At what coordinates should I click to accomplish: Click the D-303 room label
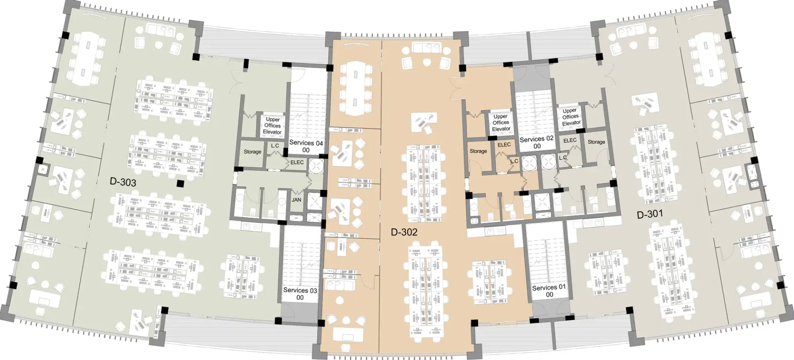[x=123, y=182]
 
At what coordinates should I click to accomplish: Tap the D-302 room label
[x=404, y=232]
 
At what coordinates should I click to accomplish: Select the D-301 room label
[x=650, y=214]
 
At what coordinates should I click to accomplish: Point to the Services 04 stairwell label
[x=306, y=146]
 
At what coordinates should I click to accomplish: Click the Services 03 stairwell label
[x=300, y=294]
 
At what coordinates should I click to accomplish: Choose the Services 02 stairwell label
[x=537, y=142]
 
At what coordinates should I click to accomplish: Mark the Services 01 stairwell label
[x=549, y=291]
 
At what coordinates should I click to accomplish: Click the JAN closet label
[x=297, y=200]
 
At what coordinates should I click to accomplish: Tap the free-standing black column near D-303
[x=180, y=184]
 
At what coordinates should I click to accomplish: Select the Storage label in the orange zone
[x=478, y=151]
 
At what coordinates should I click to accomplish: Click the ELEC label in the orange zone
[x=504, y=145]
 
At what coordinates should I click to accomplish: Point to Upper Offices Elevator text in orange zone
[x=501, y=122]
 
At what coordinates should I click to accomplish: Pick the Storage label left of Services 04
[x=252, y=152]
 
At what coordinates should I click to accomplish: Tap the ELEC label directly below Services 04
[x=297, y=162]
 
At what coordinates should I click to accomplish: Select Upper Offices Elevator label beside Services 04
[x=273, y=126]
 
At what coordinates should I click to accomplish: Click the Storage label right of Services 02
[x=596, y=142]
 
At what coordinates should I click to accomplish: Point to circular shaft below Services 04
[x=317, y=166]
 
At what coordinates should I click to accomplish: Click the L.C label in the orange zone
[x=514, y=161]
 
